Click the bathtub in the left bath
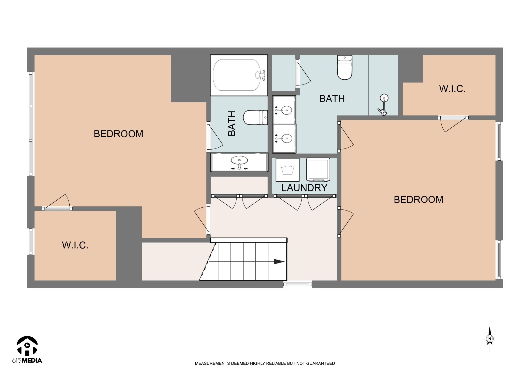tap(239, 75)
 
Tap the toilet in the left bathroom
tap(255, 118)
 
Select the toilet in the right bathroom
tap(345, 67)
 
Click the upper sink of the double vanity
tap(284, 110)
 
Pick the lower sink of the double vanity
tap(284, 138)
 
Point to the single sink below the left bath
tap(239, 162)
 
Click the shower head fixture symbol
tap(383, 104)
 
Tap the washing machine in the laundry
tap(287, 170)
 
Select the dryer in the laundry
tap(318, 169)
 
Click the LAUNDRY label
tap(304, 188)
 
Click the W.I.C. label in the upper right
tap(452, 89)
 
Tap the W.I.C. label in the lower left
tap(75, 245)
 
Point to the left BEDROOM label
tap(118, 134)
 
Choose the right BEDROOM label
tap(418, 199)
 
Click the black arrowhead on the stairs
tap(279, 262)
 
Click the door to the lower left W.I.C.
tap(57, 202)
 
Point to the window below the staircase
tap(298, 284)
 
